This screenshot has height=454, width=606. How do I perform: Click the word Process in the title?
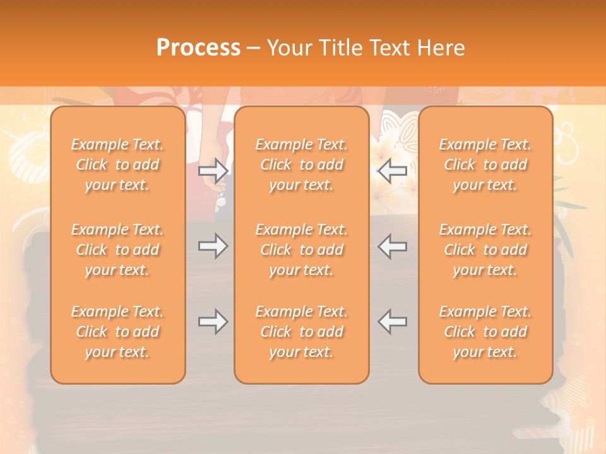[x=198, y=48]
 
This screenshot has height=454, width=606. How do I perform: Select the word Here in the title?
[x=441, y=48]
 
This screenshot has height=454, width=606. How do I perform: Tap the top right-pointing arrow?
[x=213, y=170]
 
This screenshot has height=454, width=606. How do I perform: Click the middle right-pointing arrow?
[x=213, y=246]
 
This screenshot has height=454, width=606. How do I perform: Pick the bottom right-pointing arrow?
[x=213, y=322]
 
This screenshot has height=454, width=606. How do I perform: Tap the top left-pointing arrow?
[x=393, y=170]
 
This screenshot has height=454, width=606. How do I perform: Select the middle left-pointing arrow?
[x=393, y=246]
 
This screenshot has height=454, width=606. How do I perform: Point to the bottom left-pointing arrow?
[x=393, y=322]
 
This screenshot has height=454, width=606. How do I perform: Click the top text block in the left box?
[x=117, y=165]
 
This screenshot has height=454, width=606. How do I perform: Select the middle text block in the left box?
[x=117, y=250]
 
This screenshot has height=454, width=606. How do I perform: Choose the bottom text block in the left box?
[x=117, y=332]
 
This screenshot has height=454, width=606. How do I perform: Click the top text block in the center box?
[x=302, y=165]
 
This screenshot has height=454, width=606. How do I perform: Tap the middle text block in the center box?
[x=302, y=250]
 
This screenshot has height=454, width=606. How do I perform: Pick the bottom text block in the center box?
[x=302, y=332]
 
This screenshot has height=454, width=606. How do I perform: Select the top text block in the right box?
[x=485, y=165]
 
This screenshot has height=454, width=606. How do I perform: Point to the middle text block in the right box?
[x=485, y=250]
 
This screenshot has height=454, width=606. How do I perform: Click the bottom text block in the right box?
[x=485, y=332]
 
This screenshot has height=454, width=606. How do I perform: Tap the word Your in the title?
[x=287, y=48]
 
